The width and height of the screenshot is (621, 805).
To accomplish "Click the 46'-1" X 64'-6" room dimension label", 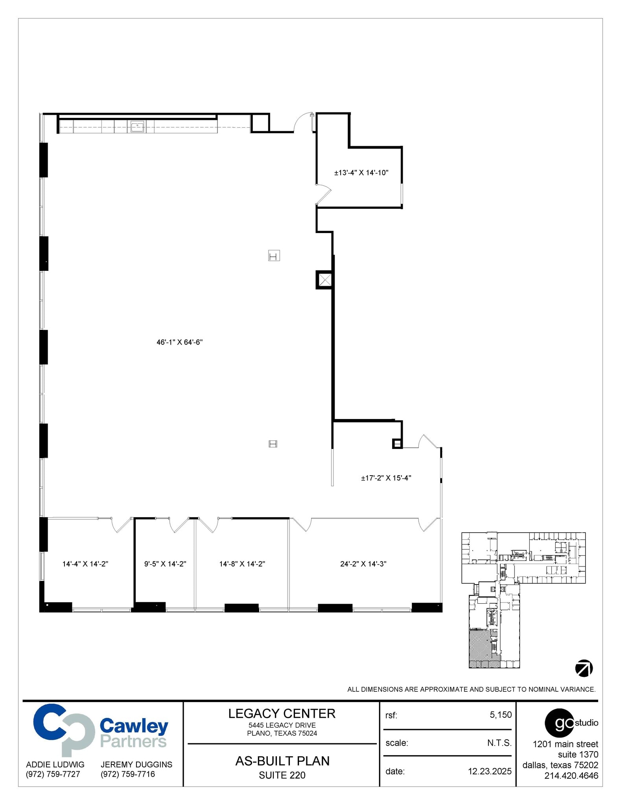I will click(x=179, y=342).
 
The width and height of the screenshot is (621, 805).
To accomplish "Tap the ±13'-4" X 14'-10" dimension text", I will click(x=361, y=173).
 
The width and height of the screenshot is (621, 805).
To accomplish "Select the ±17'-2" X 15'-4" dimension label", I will click(x=386, y=478).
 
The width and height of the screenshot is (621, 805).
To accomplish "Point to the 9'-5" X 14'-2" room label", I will click(x=165, y=564).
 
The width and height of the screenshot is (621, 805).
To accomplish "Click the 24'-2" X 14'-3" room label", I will click(x=363, y=564).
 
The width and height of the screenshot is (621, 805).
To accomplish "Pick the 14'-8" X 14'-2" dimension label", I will click(x=242, y=564).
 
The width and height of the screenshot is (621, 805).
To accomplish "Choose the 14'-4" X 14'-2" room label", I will click(x=85, y=564).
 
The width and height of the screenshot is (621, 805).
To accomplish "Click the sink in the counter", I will click(x=137, y=127).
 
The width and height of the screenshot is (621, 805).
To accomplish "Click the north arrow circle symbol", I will click(x=584, y=668).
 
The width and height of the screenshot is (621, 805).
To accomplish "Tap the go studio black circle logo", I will click(x=559, y=722).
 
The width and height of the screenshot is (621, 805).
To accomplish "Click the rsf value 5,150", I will click(x=500, y=715).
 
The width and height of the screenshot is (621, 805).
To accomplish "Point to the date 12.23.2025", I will click(x=489, y=771).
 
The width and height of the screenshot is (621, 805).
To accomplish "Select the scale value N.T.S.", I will click(x=499, y=743).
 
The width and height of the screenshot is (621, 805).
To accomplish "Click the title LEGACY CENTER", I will click(x=282, y=713).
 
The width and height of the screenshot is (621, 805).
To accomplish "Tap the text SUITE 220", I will click(x=282, y=775).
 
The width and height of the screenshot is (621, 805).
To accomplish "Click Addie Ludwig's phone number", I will click(x=53, y=774).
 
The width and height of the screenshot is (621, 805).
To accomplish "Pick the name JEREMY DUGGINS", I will click(x=136, y=764).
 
